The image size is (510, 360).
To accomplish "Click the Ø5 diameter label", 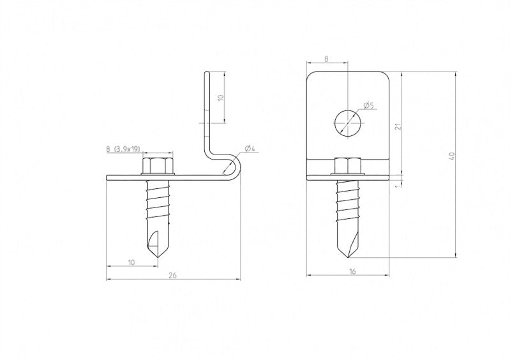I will [367, 105].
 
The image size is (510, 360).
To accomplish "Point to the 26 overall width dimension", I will [172, 275].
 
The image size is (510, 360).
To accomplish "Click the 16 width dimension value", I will [352, 271].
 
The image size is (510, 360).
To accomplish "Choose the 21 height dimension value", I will [398, 126].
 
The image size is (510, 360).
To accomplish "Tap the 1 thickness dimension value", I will [398, 185].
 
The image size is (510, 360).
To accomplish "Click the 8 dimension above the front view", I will [326, 59].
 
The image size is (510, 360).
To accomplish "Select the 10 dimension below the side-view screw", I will [131, 262].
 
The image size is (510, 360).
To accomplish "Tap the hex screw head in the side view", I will [155, 167].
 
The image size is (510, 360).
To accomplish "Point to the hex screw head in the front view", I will [347, 166].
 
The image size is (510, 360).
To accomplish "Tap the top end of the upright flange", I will [207, 75].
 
